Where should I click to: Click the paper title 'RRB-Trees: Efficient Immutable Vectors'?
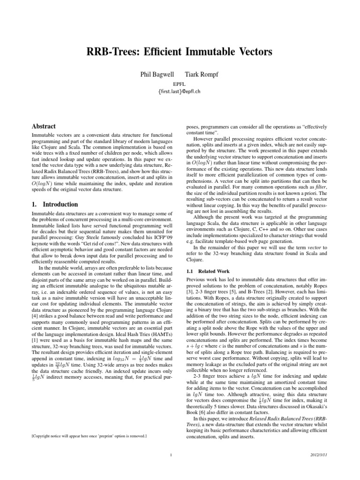180,51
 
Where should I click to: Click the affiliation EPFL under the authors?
180,84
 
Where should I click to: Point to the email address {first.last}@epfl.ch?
180,92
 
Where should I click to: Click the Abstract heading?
43,127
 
